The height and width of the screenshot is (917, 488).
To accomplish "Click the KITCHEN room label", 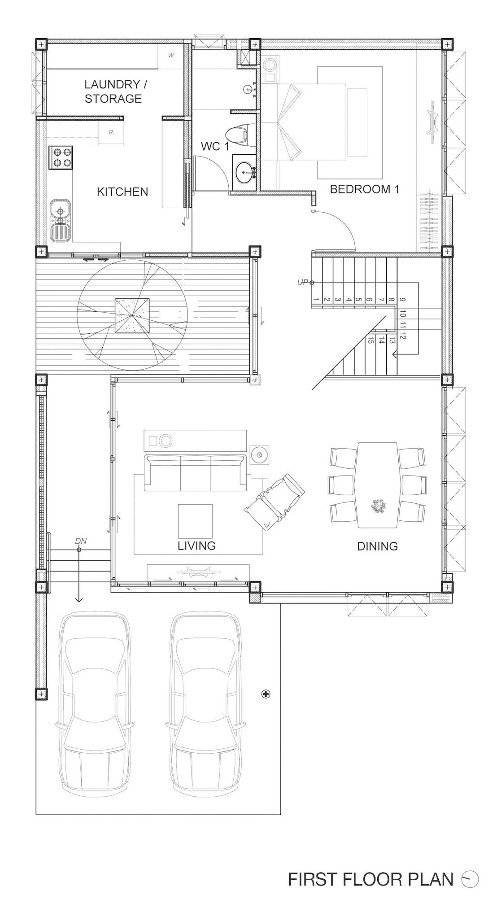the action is pos(122,192).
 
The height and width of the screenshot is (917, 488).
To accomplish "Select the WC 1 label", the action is pos(214,146).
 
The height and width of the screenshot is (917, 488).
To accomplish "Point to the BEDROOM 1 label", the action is pos(364,189).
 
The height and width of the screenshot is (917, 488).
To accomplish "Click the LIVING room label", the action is pos(196,546).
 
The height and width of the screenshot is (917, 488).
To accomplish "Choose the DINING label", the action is pos(377,546).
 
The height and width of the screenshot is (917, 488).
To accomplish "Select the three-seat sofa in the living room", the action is pos(195,473).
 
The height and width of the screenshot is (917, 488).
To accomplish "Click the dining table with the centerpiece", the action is pos(378,485).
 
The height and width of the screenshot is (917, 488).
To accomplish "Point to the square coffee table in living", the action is pos(195,520).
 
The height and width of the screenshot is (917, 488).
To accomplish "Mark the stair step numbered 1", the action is pos(317,300).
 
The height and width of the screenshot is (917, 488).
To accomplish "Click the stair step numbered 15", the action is pos(370,341).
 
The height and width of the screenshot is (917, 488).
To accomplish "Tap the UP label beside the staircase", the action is pos(303,282).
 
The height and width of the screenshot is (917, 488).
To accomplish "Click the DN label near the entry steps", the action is pos(81,541).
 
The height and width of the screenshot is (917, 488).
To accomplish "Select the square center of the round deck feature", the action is pos(132,316).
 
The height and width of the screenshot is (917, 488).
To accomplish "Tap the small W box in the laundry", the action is pos(171,56).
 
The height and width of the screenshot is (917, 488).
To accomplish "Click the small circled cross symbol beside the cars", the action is pos(266,694).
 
